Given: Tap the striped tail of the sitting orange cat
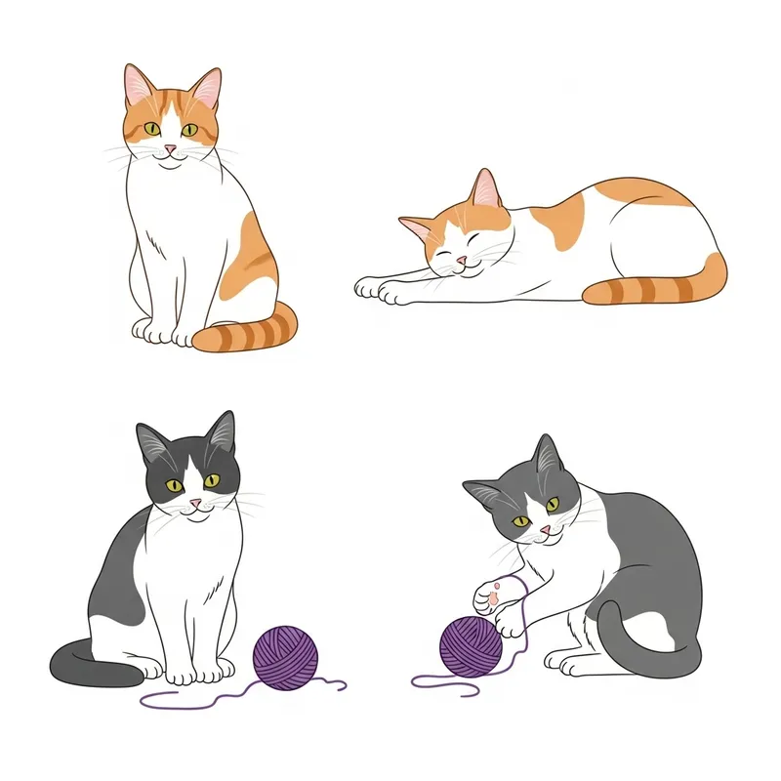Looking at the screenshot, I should coord(249,332).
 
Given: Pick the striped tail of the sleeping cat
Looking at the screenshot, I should coord(664,287).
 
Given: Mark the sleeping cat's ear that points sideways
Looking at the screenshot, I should coord(418,230).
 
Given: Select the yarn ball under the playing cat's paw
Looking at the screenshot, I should coord(471,645).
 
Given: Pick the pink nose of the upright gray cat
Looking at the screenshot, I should coord(195,503).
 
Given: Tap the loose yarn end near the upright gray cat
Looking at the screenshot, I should coord(156,699).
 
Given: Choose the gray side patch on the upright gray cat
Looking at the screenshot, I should coord(117,586).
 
